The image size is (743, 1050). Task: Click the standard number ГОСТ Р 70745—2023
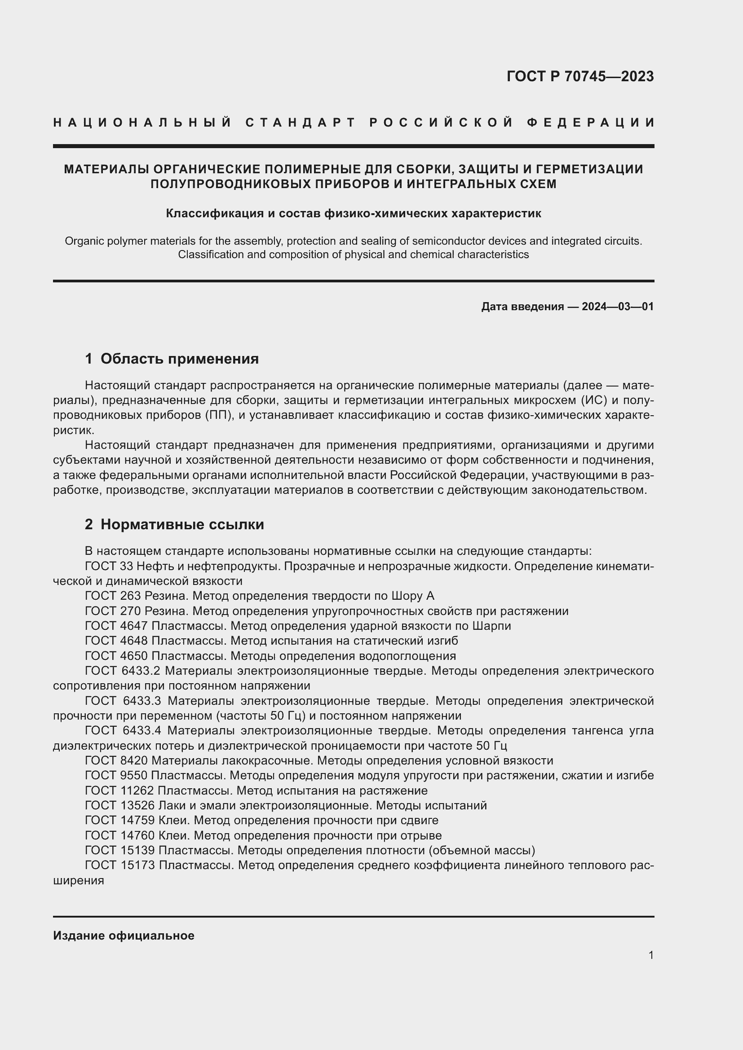[x=579, y=76]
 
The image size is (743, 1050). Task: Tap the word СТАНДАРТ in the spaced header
[x=301, y=123]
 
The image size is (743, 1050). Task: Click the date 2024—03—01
[x=618, y=307]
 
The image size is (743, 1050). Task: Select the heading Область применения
[x=179, y=359]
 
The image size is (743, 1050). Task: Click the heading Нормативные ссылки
[x=182, y=524]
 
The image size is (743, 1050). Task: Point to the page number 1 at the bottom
[x=651, y=955]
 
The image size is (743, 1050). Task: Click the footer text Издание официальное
[x=124, y=936]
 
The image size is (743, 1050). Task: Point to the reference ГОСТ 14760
[x=120, y=835]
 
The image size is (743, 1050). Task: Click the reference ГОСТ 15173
[x=120, y=865]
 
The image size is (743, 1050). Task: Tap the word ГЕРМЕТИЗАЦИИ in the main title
[x=589, y=169]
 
